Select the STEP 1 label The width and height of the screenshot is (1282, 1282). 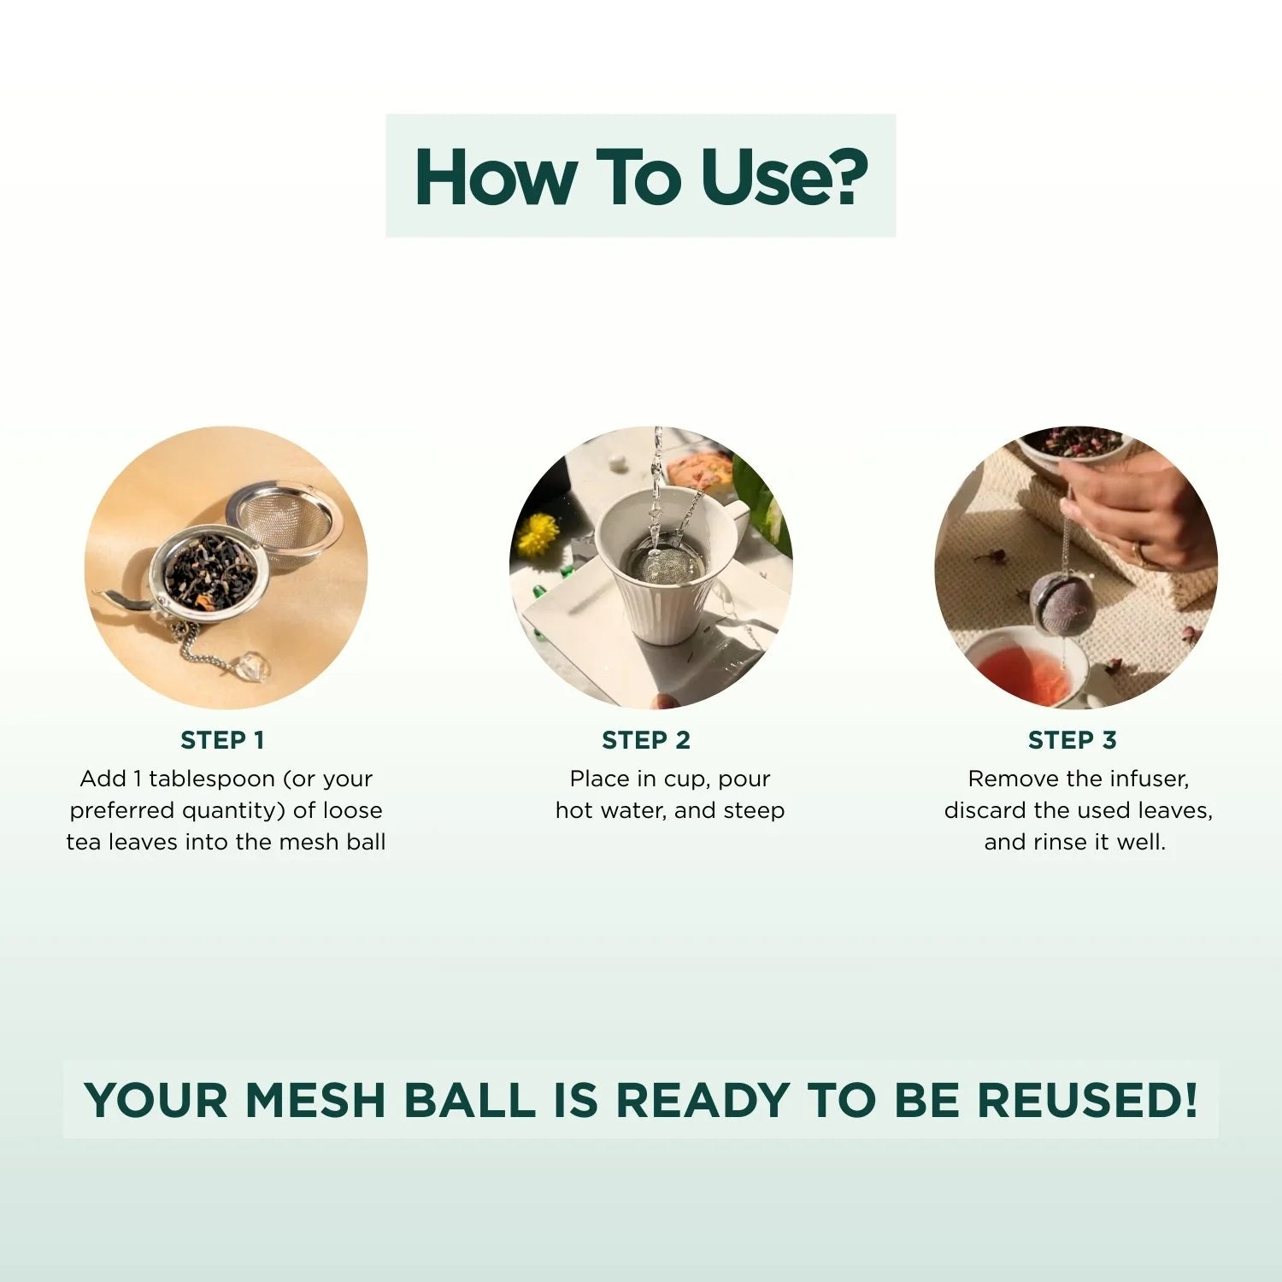[222, 740]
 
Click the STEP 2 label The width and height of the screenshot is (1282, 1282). [646, 740]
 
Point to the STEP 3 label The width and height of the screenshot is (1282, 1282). [1073, 740]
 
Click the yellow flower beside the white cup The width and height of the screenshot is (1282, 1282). [540, 533]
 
